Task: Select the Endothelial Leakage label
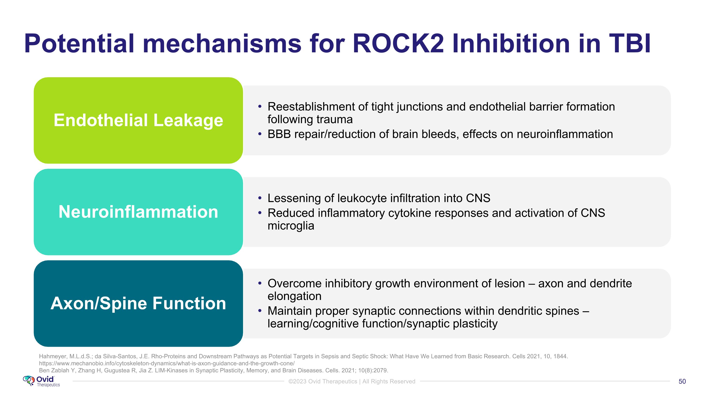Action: (138, 120)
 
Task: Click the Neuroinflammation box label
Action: (138, 212)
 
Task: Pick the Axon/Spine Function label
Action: (138, 303)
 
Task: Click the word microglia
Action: (291, 226)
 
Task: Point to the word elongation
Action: (294, 296)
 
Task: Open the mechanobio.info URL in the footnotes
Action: (167, 363)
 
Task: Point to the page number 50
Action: (682, 381)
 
